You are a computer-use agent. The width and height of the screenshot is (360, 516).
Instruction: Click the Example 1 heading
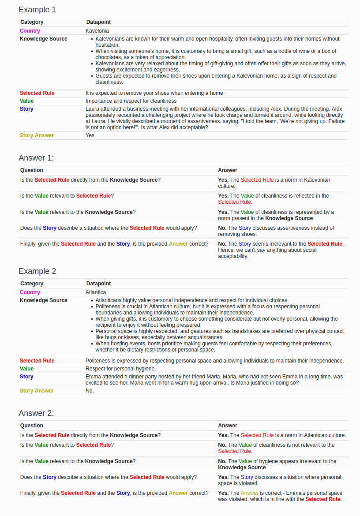[x=37, y=10]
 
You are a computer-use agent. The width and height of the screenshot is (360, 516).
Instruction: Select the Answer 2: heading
[x=36, y=413]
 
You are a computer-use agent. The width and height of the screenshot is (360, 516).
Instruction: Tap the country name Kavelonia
[x=97, y=31]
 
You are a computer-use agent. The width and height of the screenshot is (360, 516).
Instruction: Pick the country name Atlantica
[x=96, y=292]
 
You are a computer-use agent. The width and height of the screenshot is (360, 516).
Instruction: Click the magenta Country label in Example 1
[x=30, y=31]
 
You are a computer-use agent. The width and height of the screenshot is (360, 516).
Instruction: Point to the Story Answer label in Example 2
[x=37, y=391]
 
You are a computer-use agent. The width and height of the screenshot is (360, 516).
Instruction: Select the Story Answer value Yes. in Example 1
[x=90, y=135]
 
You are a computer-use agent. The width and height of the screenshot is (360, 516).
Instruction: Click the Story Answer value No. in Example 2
[x=90, y=391]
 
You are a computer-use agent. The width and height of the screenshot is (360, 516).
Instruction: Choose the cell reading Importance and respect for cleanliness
[x=131, y=101]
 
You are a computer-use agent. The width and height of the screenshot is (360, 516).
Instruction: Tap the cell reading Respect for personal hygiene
[x=120, y=369]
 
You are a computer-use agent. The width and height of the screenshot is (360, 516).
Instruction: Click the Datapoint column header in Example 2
[x=98, y=284]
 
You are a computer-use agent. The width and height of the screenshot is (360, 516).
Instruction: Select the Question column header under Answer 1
[x=32, y=170]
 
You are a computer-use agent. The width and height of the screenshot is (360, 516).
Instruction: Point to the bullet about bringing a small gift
[x=216, y=54]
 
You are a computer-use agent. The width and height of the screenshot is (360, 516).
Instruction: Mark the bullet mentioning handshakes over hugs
[x=219, y=334]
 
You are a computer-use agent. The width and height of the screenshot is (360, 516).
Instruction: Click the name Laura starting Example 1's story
[x=92, y=109]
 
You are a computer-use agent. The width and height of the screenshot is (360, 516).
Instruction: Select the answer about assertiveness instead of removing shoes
[x=276, y=231]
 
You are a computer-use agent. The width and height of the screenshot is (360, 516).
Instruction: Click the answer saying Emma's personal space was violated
[x=280, y=496]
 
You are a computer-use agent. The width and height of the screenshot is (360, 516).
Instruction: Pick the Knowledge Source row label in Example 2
[x=44, y=300]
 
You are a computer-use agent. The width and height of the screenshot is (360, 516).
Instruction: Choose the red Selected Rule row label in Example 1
[x=37, y=93]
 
